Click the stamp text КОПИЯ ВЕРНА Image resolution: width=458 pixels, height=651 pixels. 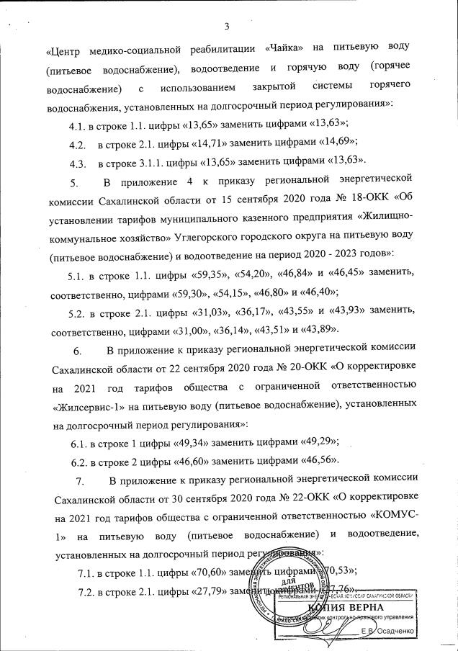(x=350, y=608)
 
